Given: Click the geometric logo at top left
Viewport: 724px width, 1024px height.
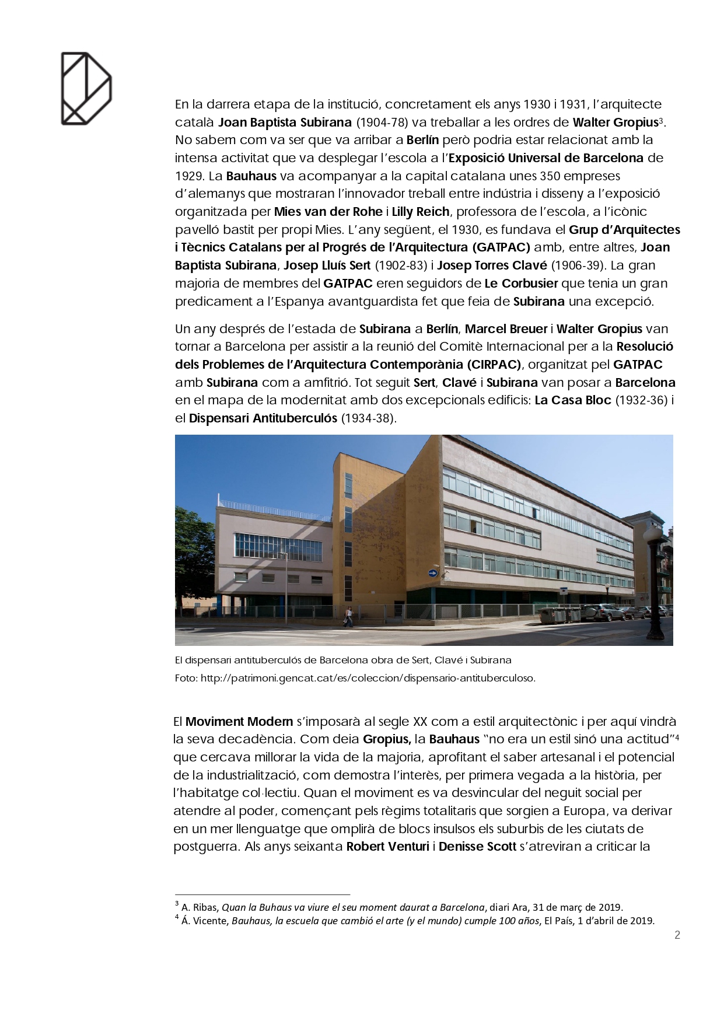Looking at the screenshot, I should click(86, 88).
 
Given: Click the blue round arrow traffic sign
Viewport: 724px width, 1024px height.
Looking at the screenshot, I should click(432, 573).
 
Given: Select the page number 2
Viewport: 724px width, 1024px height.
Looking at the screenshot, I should click(677, 935).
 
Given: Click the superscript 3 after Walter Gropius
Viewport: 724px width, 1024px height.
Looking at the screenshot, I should click(660, 120).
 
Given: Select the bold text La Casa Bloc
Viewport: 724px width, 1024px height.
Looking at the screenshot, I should click(573, 400).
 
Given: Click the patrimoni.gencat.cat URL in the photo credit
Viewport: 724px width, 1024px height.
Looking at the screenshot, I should click(368, 678).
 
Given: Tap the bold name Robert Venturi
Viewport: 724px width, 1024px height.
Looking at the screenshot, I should click(387, 847).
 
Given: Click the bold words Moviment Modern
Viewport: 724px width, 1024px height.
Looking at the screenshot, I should click(239, 721).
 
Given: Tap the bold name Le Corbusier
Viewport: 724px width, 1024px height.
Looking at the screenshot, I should click(521, 284).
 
